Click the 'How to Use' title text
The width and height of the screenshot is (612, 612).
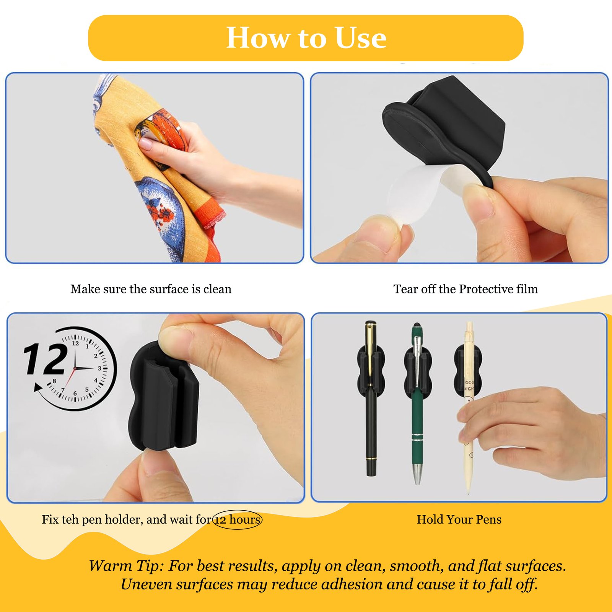(x=306, y=38)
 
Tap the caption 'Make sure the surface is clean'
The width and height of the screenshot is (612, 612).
(x=151, y=289)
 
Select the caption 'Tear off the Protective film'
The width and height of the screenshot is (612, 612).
(x=466, y=289)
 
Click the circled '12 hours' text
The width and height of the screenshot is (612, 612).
(x=238, y=519)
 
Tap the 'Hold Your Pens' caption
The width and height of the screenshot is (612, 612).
(x=459, y=519)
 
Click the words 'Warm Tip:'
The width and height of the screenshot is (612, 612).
(x=126, y=566)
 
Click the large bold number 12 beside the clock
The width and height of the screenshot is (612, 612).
(x=46, y=359)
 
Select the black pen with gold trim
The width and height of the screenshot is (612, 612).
(x=371, y=398)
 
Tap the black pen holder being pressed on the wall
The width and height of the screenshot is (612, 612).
(x=165, y=396)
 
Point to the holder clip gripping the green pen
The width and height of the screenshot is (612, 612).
(x=417, y=369)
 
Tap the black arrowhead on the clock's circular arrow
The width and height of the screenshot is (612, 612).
(x=38, y=388)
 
